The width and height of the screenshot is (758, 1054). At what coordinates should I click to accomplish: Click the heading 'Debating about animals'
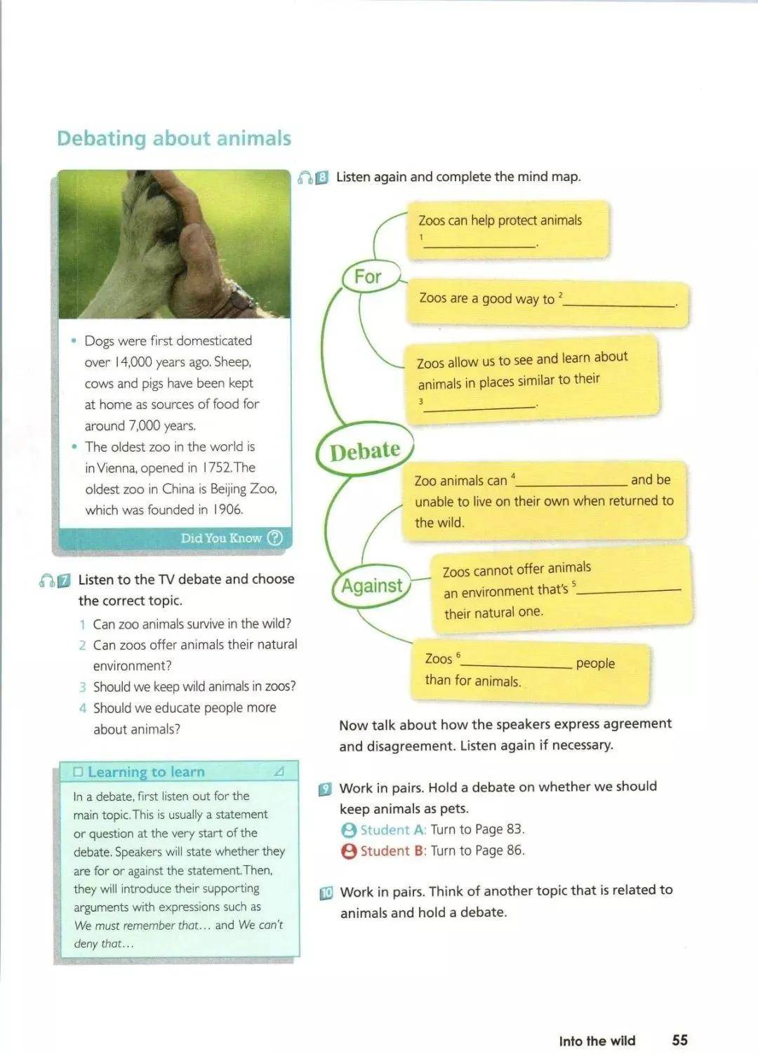173,138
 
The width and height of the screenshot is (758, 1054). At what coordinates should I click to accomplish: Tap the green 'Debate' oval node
364,450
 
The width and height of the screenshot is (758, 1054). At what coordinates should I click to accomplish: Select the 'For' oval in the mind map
368,276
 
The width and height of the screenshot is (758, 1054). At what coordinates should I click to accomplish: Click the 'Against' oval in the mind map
371,585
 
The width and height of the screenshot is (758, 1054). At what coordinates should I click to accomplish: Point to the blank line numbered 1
479,244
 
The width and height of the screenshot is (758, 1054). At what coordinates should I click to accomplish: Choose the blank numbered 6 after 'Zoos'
517,664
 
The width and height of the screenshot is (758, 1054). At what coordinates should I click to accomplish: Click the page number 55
679,1040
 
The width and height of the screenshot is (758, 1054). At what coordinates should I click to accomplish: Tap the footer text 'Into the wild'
597,1041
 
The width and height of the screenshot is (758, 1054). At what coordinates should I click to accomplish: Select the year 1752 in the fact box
216,467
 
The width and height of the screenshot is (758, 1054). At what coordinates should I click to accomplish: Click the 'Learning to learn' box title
146,772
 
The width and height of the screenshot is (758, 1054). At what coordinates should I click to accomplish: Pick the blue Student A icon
349,830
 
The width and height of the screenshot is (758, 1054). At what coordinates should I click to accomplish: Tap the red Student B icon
349,851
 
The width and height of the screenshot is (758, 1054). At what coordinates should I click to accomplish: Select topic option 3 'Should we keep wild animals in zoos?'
194,686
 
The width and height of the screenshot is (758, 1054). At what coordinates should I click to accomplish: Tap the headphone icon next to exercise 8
305,178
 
